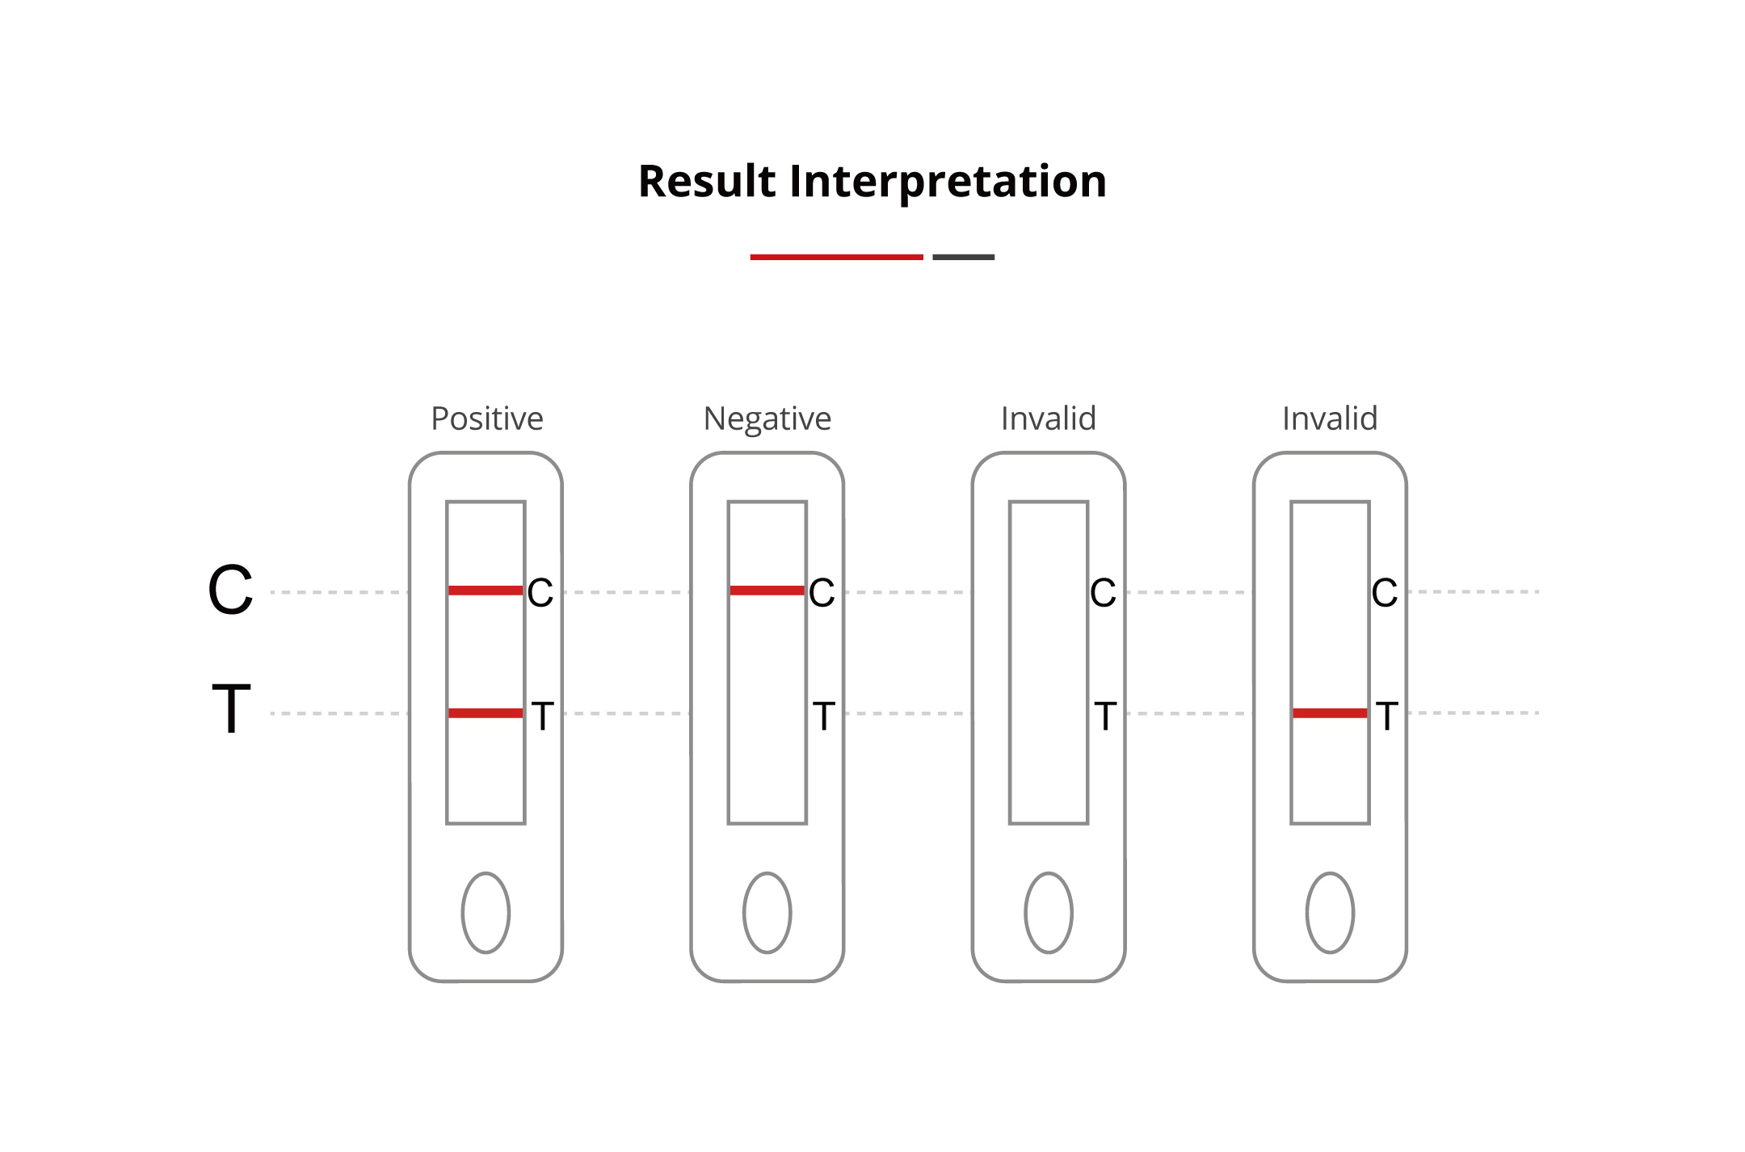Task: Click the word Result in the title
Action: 707,181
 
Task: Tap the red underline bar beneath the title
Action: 836,257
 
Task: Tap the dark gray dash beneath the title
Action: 963,257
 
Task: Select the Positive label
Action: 487,418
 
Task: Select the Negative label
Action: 767,418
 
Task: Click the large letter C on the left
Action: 230,590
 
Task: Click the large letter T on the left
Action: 231,709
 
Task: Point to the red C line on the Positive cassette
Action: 486,591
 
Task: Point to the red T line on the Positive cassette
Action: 486,713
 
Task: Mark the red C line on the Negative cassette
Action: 767,591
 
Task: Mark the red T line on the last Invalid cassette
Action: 1330,713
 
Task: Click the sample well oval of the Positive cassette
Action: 486,913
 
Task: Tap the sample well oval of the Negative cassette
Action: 767,913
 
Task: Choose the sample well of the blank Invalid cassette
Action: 1049,913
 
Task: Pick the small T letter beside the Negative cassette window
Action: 823,716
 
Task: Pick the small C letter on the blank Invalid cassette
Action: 1103,593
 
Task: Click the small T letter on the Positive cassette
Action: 542,716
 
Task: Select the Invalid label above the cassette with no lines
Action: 1048,418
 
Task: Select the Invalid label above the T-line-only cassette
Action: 1330,418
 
